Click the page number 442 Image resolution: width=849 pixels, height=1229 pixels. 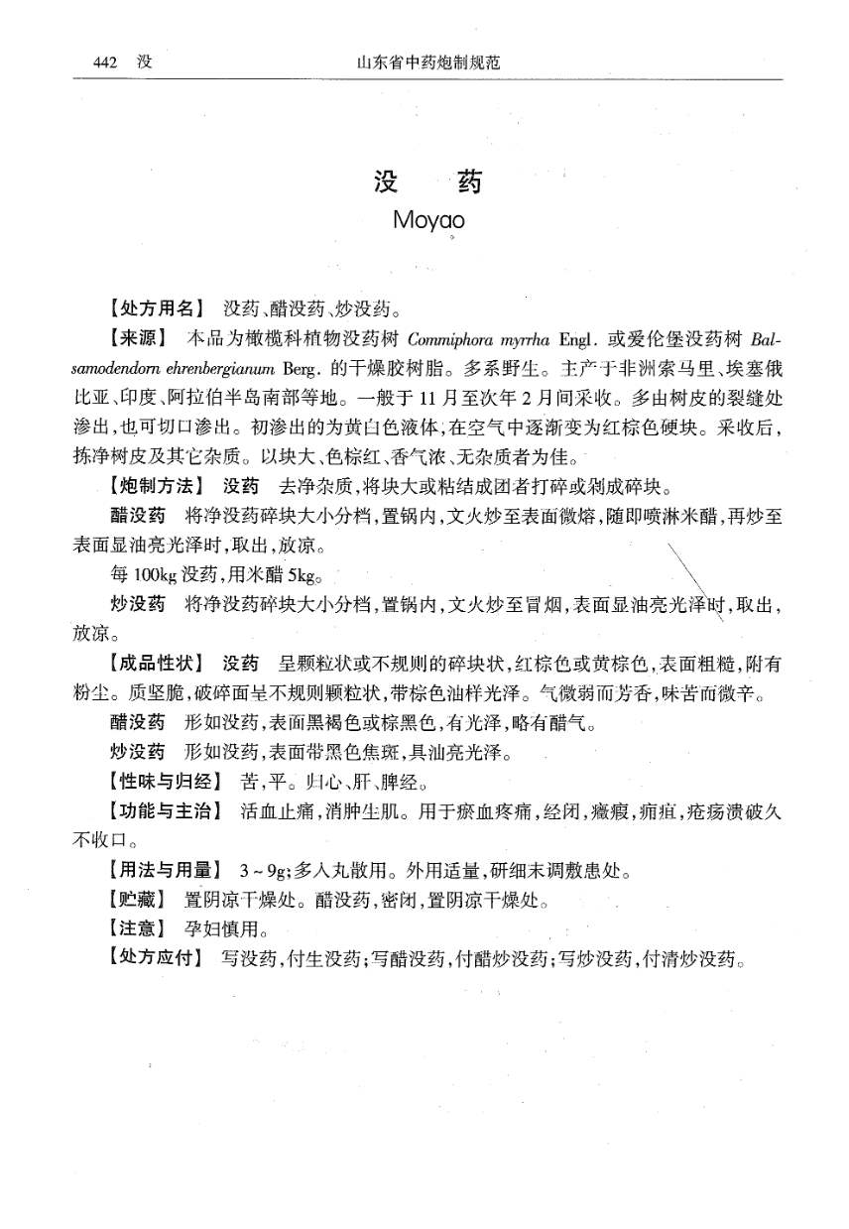coord(106,62)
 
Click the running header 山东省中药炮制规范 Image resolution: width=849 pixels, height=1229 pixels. coord(427,62)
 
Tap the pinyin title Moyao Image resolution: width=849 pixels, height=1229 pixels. coord(428,218)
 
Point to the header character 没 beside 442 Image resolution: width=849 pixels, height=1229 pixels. coord(145,62)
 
